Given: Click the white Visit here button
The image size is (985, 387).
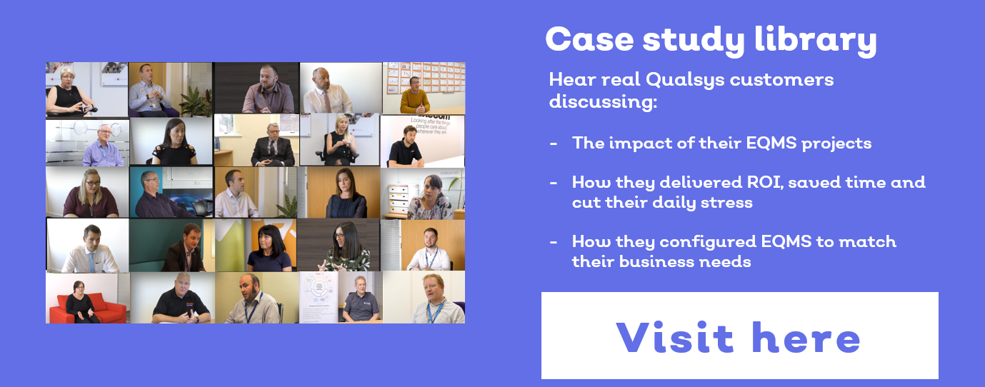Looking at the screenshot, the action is [x=739, y=336].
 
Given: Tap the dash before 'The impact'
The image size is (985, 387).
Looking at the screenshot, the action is [x=554, y=144].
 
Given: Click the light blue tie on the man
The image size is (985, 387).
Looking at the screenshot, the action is [x=92, y=262].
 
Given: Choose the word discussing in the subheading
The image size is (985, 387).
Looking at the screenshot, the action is [x=603, y=102].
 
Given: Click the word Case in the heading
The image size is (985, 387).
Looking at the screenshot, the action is [x=590, y=39].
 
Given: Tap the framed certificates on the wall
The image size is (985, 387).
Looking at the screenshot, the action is [x=425, y=77].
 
